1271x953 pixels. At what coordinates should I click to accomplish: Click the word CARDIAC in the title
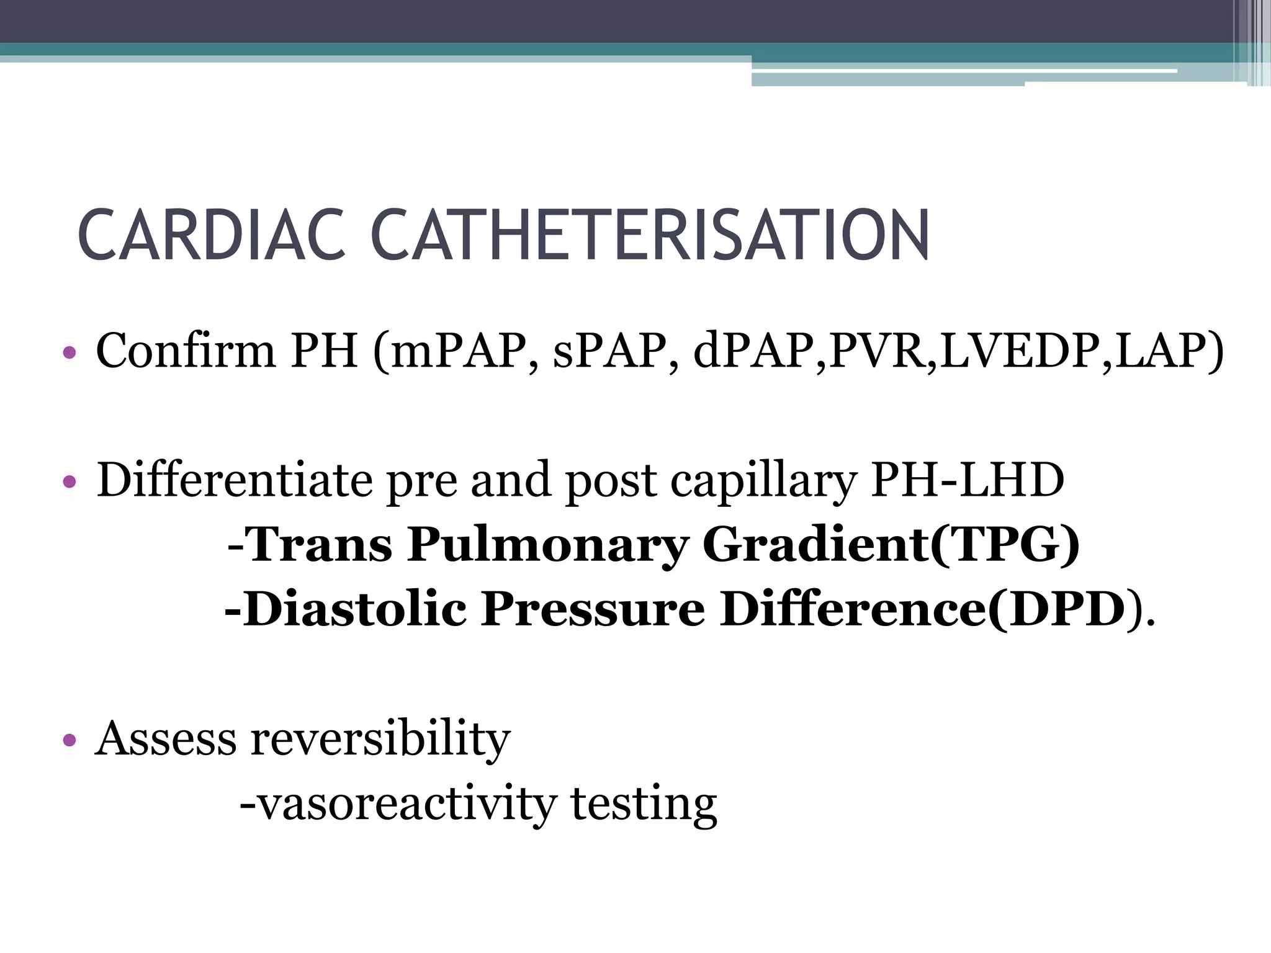coord(211,235)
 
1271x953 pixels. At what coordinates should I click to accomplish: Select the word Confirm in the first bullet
coord(186,351)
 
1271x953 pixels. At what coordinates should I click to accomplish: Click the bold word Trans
coord(320,545)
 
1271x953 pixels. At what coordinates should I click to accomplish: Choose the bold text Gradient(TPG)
coord(891,545)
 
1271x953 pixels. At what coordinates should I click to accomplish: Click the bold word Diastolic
coord(354,609)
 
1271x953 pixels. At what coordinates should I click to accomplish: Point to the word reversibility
coord(380,740)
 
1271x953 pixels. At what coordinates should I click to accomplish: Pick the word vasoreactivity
coord(406,804)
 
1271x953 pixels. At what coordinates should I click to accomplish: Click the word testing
coord(644,805)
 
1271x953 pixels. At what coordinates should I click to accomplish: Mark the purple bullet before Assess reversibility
coord(69,740)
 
